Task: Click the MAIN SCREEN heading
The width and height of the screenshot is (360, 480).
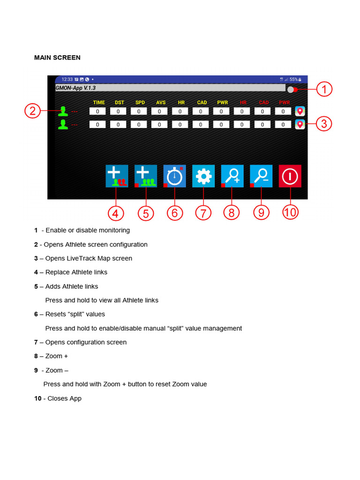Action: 57,58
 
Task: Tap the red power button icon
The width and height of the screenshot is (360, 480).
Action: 290,176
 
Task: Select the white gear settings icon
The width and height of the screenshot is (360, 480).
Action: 203,176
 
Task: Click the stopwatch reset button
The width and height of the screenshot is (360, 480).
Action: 174,176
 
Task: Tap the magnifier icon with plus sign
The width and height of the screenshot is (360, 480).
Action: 232,176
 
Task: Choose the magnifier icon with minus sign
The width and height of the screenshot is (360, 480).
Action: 261,176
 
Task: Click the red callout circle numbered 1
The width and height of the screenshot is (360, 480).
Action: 324,89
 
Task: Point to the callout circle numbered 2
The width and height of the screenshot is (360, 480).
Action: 32,111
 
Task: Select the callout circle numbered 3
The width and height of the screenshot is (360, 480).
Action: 324,124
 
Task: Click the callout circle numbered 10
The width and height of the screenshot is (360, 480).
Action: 290,212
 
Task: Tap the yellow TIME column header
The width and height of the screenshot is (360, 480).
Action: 99,102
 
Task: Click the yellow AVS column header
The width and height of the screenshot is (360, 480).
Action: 161,102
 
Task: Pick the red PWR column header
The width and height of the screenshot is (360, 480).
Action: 284,102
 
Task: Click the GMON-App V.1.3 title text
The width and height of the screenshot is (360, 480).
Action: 75,88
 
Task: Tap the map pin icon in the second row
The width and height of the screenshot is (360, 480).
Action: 300,124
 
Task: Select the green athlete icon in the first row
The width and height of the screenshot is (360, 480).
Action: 63,111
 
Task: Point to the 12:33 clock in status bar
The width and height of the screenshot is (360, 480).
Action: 67,79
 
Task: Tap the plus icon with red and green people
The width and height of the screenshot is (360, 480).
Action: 117,176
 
